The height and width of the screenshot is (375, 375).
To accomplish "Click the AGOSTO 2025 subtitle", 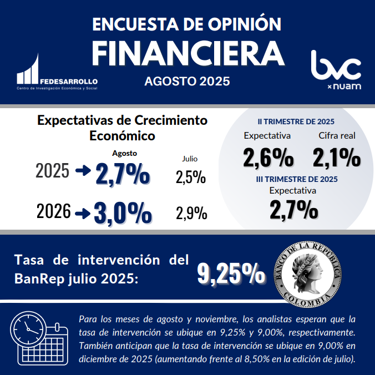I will [187, 82].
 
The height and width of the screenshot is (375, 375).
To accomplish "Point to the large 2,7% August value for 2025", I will [123, 174].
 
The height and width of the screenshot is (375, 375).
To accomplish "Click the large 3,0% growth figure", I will [123, 213].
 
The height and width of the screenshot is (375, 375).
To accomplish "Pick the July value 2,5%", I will [191, 178].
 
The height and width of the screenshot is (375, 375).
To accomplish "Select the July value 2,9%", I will [191, 213].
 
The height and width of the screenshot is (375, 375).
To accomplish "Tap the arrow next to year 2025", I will [83, 171].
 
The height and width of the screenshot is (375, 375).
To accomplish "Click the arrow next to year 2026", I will [83, 212].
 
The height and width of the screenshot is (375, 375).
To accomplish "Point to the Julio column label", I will [190, 159].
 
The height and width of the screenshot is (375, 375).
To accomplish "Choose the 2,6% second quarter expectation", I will [268, 158].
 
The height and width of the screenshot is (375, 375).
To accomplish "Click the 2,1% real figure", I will [337, 158].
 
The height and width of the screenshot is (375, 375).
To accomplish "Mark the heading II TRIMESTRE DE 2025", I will [296, 121].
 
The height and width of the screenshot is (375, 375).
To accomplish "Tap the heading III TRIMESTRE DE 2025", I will [297, 179].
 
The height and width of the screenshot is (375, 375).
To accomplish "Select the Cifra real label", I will [337, 136].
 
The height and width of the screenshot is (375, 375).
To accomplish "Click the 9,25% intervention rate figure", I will [231, 273].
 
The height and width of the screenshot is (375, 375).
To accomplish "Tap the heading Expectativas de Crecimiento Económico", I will [122, 128].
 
